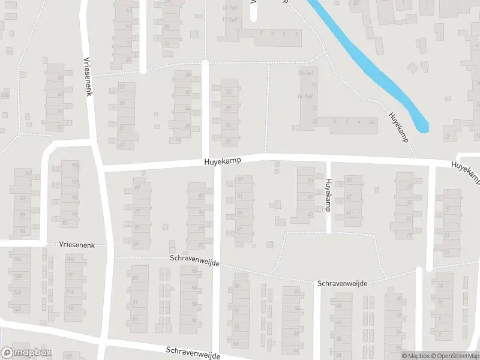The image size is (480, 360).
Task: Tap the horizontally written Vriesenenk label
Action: click(x=82, y=245)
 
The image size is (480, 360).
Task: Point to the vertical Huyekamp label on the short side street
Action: click(x=328, y=191)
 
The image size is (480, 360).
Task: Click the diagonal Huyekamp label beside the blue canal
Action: click(x=398, y=127)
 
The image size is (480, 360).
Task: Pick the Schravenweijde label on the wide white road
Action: click(x=193, y=352)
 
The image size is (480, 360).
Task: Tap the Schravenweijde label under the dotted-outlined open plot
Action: click(x=342, y=283)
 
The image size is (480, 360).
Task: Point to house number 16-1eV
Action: click(x=306, y=73)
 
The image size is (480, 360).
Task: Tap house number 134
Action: click(x=17, y=259)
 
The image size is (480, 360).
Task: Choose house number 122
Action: click(x=17, y=309)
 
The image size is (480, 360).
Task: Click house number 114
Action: click(x=70, y=292)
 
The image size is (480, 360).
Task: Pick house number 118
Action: click(x=70, y=308)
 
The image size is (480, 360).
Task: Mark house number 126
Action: click(x=17, y=292)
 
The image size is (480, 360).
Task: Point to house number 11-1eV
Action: click(x=230, y=19)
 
